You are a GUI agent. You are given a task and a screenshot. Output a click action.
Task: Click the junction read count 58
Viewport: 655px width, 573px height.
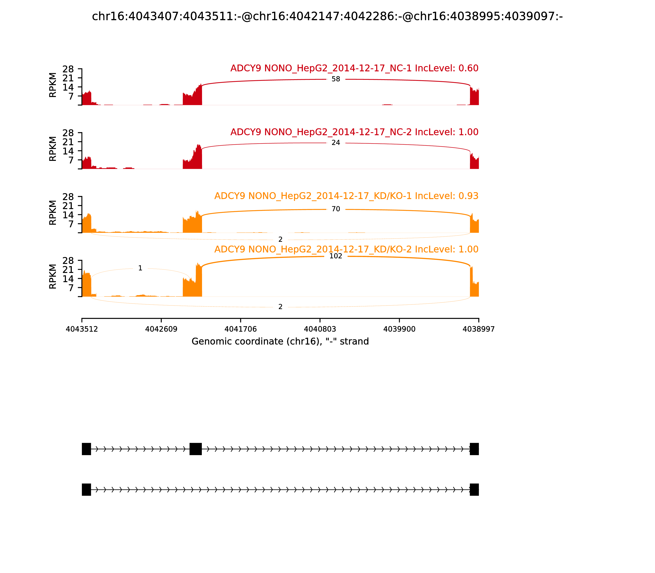[336, 79]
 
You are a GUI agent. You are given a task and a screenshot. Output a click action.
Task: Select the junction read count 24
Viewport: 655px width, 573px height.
[336, 143]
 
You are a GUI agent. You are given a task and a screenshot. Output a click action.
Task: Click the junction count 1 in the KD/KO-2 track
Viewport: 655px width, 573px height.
[140, 268]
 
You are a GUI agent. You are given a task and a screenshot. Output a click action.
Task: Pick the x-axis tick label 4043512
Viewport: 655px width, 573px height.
[82, 329]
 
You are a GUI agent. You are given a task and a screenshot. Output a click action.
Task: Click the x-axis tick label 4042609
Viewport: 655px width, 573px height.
[161, 329]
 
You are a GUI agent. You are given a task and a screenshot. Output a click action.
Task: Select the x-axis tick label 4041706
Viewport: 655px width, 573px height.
[241, 329]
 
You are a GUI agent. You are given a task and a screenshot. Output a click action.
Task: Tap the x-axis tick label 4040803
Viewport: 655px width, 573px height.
[320, 329]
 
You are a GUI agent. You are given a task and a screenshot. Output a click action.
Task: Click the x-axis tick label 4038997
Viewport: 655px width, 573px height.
[479, 329]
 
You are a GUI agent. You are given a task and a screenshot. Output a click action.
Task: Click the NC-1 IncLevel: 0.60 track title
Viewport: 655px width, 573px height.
[354, 68]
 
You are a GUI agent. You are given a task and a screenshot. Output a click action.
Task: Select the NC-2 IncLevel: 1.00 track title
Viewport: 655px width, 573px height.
[354, 132]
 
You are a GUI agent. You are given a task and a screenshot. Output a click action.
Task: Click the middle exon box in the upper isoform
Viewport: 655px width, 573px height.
[196, 449]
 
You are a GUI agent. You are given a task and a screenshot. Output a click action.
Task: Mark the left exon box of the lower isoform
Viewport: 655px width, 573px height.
[86, 490]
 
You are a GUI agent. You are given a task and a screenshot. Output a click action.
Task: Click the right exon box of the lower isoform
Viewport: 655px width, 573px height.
[474, 490]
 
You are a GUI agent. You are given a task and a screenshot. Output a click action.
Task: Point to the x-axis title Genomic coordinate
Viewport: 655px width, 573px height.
[280, 342]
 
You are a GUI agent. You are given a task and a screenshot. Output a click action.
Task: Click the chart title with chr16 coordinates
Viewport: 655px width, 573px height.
[327, 16]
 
